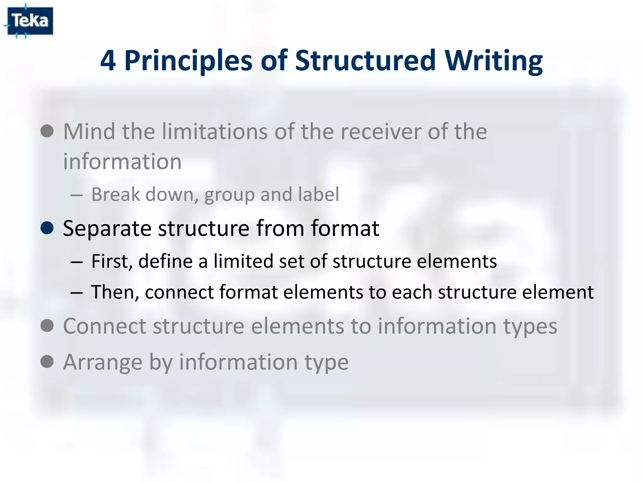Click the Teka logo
pos(30,21)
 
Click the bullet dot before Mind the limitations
pos(47,131)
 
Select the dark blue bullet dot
pos(47,228)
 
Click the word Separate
pos(107,228)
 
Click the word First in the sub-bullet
pos(111,261)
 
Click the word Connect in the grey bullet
pos(105,326)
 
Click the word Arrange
pos(102,362)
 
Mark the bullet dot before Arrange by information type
pos(47,361)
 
